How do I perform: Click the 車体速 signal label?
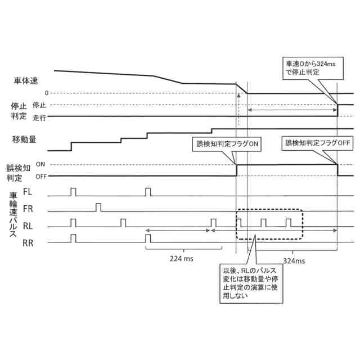(25, 80)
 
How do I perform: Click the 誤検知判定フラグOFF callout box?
(317, 143)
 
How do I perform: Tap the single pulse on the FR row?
(98, 208)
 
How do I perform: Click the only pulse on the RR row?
(74, 238)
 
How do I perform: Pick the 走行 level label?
(39, 118)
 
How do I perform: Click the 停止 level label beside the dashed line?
(39, 105)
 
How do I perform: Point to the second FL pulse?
(148, 192)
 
